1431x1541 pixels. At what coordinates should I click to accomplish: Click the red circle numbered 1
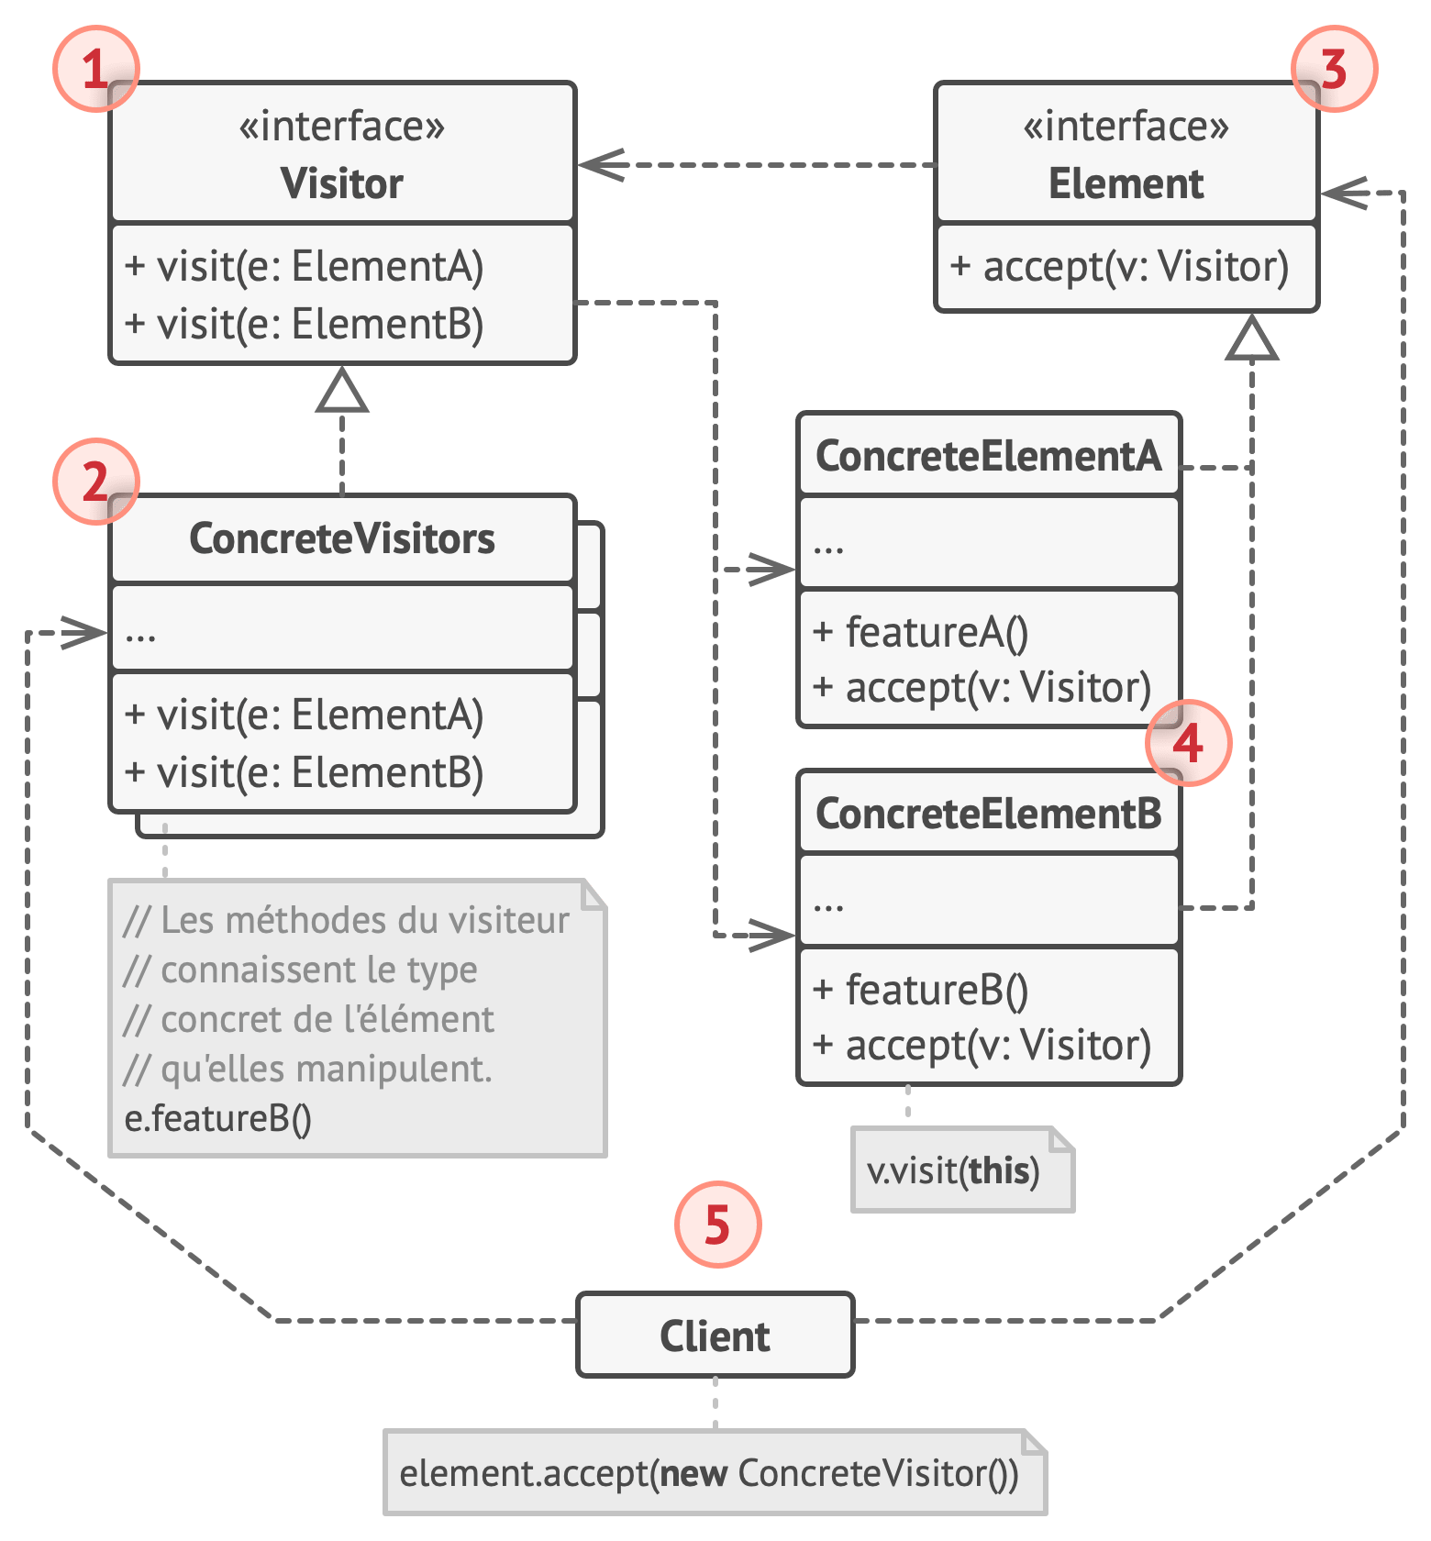(x=95, y=69)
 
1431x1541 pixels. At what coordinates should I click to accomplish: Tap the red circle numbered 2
(x=95, y=482)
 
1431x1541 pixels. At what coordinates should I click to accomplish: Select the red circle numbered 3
(x=1334, y=69)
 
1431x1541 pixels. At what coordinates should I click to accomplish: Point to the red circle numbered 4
(x=1188, y=743)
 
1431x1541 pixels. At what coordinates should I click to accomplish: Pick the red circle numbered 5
(x=717, y=1225)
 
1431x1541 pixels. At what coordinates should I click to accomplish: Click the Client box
(x=715, y=1336)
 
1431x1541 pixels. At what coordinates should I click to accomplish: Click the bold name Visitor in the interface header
(x=342, y=183)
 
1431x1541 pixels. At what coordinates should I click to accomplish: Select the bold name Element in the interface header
(x=1126, y=183)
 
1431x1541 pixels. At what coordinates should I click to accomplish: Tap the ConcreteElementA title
(x=988, y=456)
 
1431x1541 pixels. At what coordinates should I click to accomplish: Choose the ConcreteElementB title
(x=988, y=814)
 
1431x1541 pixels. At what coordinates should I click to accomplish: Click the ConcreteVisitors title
(x=342, y=538)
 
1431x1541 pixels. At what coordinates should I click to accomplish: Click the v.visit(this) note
(x=954, y=1170)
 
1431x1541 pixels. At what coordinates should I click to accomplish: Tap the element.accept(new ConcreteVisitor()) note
(x=709, y=1473)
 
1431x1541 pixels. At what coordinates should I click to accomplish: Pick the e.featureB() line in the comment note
(x=218, y=1118)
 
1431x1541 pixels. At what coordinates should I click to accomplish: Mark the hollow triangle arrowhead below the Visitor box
(x=342, y=393)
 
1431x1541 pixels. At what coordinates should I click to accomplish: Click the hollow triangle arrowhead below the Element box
(x=1252, y=339)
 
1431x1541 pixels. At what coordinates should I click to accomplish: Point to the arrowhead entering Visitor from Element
(x=596, y=165)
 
